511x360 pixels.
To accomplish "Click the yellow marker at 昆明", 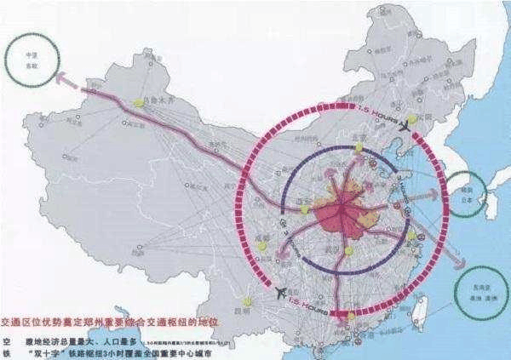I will pyautogui.click(x=247, y=300).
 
